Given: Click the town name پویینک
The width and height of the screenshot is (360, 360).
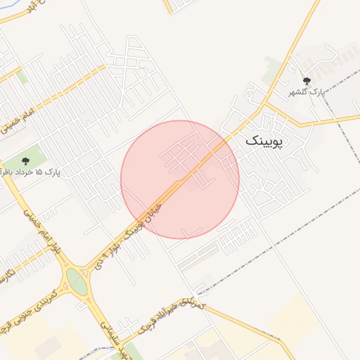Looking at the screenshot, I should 264,141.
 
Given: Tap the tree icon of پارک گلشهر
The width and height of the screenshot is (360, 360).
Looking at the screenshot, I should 306,81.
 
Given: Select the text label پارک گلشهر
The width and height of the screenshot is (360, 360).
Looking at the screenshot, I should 308,93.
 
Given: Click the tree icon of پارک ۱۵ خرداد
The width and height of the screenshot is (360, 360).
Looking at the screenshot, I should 26,161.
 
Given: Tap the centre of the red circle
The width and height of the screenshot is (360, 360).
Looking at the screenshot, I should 180,179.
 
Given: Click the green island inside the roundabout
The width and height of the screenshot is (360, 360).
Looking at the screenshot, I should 75,283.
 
